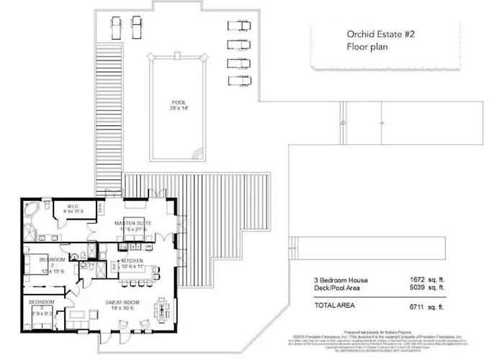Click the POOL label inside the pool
[178, 102]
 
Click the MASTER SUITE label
[133, 223]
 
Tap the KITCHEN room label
[132, 261]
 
